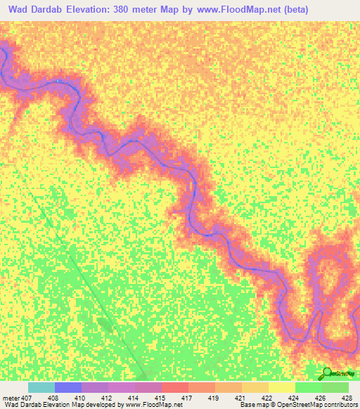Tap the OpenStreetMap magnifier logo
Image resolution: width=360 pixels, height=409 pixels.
(x=328, y=372)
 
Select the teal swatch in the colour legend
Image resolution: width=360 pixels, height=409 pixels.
(x=41, y=387)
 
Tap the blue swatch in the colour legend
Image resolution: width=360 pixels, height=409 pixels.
(x=68, y=387)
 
